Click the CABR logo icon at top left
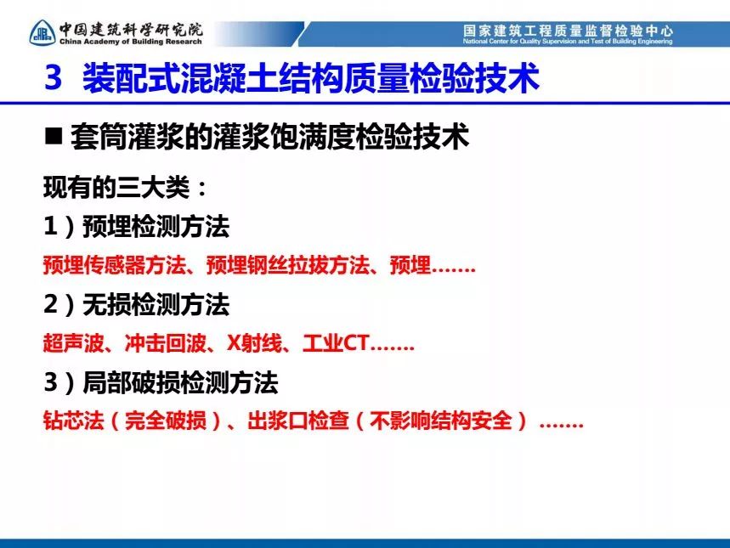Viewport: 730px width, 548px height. coord(42,32)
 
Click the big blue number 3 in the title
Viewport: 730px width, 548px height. coord(54,77)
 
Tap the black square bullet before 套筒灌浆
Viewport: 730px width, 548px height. coord(54,137)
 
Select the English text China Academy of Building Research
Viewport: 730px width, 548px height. coord(131,42)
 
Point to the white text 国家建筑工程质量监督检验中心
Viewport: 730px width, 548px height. coord(568,31)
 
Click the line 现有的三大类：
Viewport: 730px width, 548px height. coord(125,188)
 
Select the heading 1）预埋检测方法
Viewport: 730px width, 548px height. coord(137,226)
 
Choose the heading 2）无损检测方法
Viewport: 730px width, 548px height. coord(137,304)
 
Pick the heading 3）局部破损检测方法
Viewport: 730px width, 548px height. coord(161,382)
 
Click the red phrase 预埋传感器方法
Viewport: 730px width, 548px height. coord(115,265)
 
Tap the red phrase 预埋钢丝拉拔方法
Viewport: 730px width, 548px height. coord(288,265)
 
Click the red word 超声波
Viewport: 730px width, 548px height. coord(74,343)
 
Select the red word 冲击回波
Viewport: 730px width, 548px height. coord(165,343)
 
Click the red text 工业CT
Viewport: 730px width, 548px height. coord(336,343)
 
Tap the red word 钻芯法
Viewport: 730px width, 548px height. coord(74,421)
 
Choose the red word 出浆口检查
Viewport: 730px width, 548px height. coord(298,421)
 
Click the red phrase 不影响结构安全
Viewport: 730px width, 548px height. coord(441,421)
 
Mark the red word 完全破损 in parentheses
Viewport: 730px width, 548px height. coord(165,421)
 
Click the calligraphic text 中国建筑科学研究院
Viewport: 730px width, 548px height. coord(131,30)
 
